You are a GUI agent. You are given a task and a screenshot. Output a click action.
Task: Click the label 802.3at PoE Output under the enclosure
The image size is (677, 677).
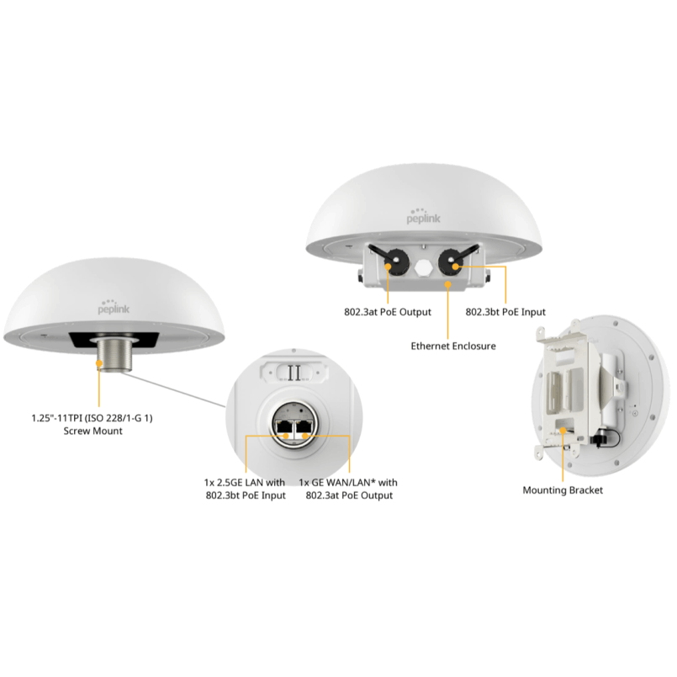(388, 312)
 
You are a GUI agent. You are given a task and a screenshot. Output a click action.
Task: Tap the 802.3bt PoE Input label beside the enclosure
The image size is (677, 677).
(505, 312)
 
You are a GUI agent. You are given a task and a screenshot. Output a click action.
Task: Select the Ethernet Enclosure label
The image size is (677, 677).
(453, 346)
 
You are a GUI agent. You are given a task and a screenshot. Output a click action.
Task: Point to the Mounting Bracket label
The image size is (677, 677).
(563, 490)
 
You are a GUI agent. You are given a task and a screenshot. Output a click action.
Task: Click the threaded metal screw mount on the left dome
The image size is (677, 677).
(115, 355)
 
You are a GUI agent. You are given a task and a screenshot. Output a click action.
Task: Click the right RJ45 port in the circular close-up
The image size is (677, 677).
(304, 428)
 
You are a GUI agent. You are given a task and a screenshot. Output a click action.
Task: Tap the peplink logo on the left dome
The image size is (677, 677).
(114, 307)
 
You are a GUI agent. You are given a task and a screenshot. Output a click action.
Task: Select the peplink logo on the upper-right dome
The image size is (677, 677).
(423, 217)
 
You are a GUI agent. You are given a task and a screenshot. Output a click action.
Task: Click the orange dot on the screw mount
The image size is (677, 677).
(99, 364)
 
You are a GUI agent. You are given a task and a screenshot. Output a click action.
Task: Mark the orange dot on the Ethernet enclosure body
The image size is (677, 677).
(448, 284)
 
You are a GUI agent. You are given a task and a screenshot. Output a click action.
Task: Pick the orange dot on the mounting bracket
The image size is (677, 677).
(563, 431)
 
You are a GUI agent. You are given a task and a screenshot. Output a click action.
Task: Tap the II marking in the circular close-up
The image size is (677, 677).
(294, 373)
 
